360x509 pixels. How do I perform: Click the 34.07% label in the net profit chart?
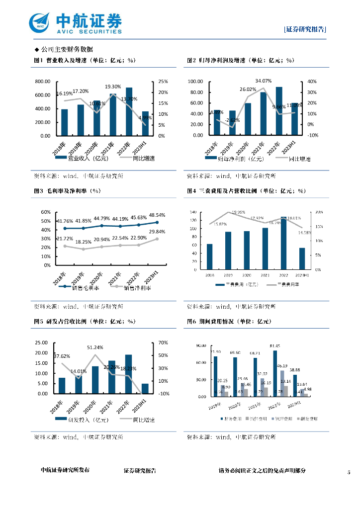coord(263,81)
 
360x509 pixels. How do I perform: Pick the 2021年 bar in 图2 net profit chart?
coord(263,113)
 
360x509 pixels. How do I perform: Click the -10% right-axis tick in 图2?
coord(312,135)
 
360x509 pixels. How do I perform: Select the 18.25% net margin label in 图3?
coord(83,242)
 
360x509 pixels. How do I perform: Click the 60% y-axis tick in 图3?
coord(46,212)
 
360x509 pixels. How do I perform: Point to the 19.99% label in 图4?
coord(238,212)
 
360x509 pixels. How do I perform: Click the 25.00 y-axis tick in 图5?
coord(41,343)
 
